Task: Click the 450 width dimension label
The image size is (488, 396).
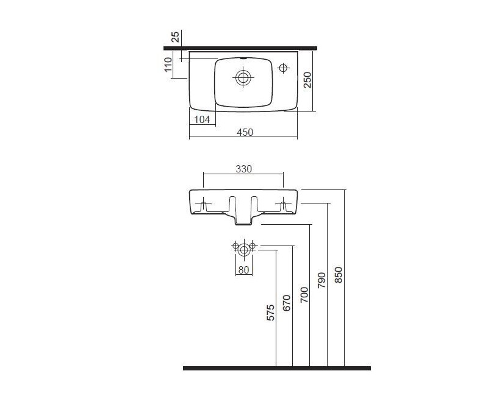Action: coord(245,132)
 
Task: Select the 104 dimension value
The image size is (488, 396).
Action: coord(202,119)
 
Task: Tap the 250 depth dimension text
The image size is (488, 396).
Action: coord(307,80)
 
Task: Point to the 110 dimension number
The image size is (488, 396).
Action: coord(168,65)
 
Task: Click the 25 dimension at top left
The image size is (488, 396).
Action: coord(176,37)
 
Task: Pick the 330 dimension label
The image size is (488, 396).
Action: coord(243,169)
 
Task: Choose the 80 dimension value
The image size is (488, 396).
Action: coord(243,270)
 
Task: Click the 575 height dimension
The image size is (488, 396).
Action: coord(270,313)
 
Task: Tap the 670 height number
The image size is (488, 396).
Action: coord(287,303)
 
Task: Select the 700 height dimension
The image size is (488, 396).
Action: coord(304,295)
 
